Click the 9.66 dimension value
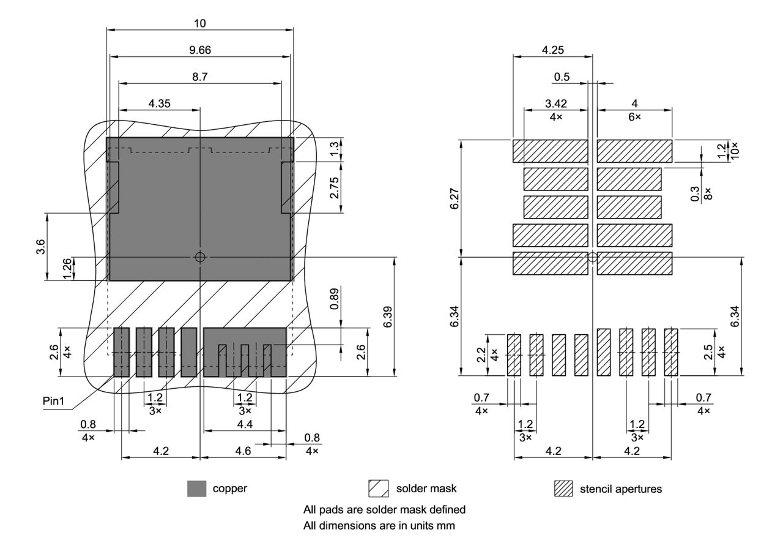coord(200,50)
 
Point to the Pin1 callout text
coord(58,403)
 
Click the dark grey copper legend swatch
coord(196,489)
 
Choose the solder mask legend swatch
coord(379,489)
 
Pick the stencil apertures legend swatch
coord(563,489)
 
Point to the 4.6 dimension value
coord(243,451)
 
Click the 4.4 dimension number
coord(244,424)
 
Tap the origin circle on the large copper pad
coord(200,257)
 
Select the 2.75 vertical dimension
coord(334,187)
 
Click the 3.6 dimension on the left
coord(40,247)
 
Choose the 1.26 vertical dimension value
coord(68,268)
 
